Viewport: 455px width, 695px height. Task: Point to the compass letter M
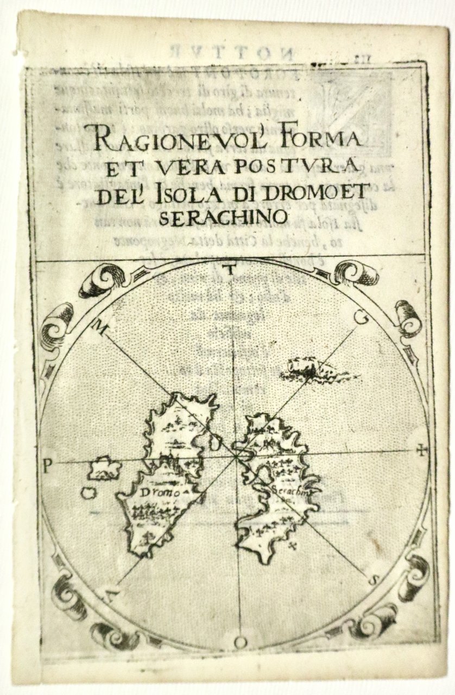point(100,326)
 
